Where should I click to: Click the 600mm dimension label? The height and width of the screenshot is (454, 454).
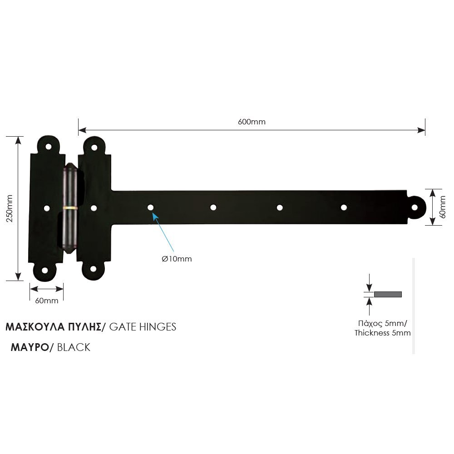pos(252,122)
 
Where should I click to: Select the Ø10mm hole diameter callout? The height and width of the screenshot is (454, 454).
pos(177,259)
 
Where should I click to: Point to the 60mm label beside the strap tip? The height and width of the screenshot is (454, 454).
pos(443,207)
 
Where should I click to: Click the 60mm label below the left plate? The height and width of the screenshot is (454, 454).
pos(46,301)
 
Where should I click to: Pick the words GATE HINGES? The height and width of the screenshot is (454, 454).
pos(143,327)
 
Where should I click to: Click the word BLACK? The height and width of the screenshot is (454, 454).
pos(74,347)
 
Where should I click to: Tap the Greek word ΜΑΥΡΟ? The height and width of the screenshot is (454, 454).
pos(30,347)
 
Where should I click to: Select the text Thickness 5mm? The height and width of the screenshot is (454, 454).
pos(383,333)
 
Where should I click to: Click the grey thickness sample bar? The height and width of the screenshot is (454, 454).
pos(388,294)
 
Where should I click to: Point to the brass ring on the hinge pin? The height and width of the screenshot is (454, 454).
pos(70,208)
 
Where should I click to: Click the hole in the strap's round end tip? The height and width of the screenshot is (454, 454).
pos(415,207)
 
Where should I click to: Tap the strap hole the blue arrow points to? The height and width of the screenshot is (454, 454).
pos(150,207)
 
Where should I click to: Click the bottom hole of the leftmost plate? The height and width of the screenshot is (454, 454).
pos(45,270)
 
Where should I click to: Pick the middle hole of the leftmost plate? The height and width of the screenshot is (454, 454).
pos(46,208)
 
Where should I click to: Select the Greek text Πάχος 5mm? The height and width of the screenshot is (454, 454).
pos(383,324)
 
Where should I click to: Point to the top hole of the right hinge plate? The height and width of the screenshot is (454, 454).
pos(94,147)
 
